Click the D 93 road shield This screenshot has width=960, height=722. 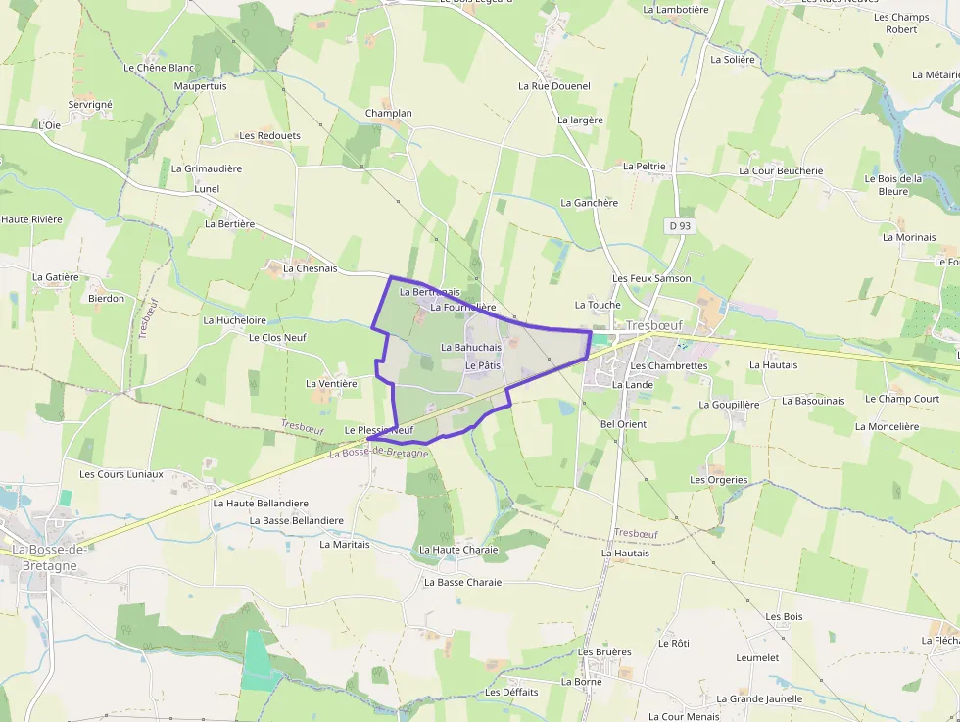pyautogui.click(x=680, y=226)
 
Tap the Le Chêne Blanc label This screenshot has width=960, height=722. pyautogui.click(x=159, y=68)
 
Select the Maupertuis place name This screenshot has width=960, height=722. pyautogui.click(x=200, y=86)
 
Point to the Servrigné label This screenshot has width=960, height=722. pyautogui.click(x=90, y=105)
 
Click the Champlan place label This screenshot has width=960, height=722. pyautogui.click(x=388, y=114)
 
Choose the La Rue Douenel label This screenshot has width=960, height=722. pyautogui.click(x=554, y=86)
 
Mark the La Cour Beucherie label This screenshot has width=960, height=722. pyautogui.click(x=781, y=170)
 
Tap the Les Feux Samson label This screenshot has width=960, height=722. pyautogui.click(x=651, y=279)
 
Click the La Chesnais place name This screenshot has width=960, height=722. pyautogui.click(x=310, y=268)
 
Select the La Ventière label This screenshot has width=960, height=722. pyautogui.click(x=331, y=384)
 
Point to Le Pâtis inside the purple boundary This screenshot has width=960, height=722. pyautogui.click(x=483, y=365)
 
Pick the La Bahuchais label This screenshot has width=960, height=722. pyautogui.click(x=471, y=348)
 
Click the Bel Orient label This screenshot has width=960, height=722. pyautogui.click(x=623, y=424)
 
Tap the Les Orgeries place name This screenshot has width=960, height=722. pyautogui.click(x=719, y=480)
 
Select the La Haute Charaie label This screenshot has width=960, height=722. pyautogui.click(x=458, y=550)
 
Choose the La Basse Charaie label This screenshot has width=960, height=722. pyautogui.click(x=462, y=583)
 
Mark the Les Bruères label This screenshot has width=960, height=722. pyautogui.click(x=605, y=652)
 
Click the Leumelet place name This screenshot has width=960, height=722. pyautogui.click(x=757, y=658)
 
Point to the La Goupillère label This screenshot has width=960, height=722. pyautogui.click(x=729, y=405)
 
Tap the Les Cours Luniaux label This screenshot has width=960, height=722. pyautogui.click(x=121, y=474)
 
